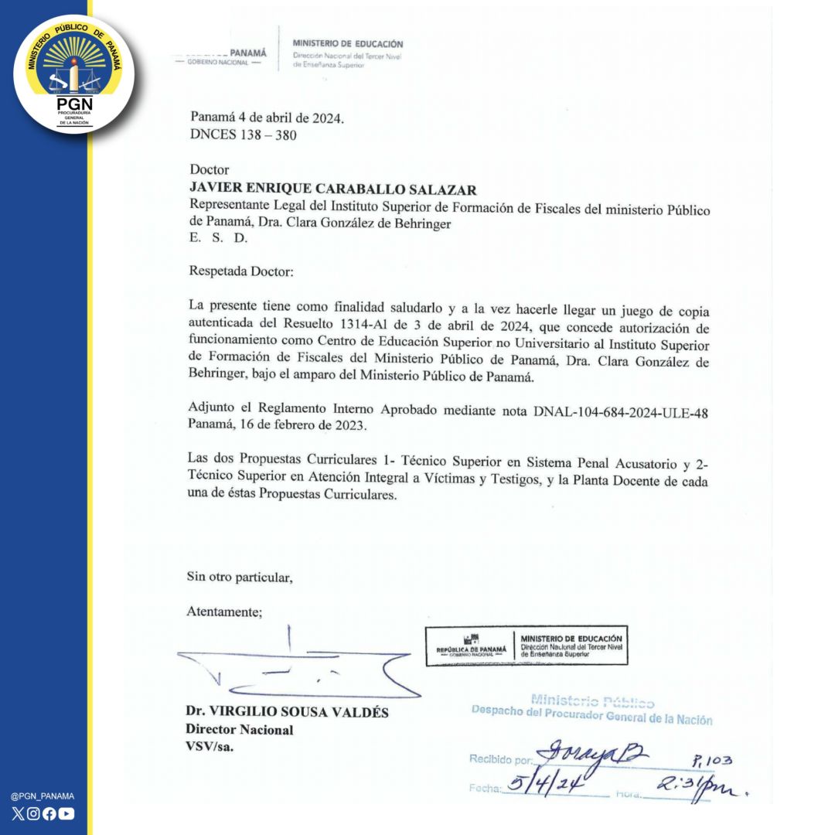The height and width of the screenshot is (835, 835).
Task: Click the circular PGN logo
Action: pos(74,74)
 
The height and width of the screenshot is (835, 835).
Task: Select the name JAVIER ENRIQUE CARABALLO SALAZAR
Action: pos(333,190)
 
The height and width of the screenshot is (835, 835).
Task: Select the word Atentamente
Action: pos(224,612)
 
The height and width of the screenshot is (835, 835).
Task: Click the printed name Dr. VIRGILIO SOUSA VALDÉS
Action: pos(287,713)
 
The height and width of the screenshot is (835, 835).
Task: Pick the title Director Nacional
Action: pos(239,730)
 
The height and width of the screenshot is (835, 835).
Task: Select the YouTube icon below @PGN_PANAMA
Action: pos(66,813)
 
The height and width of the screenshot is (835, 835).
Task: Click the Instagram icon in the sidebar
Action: pos(33,813)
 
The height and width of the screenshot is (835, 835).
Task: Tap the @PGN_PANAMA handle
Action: pos(43,796)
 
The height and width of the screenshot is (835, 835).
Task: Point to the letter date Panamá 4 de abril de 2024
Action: pos(267,119)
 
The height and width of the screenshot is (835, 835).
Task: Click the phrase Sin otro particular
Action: pos(240,577)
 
